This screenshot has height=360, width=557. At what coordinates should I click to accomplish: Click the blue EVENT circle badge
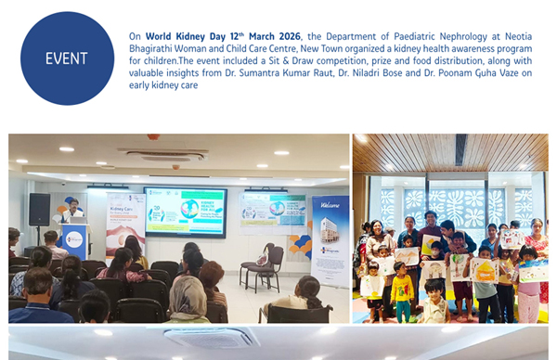[67, 58]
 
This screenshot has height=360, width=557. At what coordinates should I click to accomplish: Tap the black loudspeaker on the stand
[39, 210]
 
